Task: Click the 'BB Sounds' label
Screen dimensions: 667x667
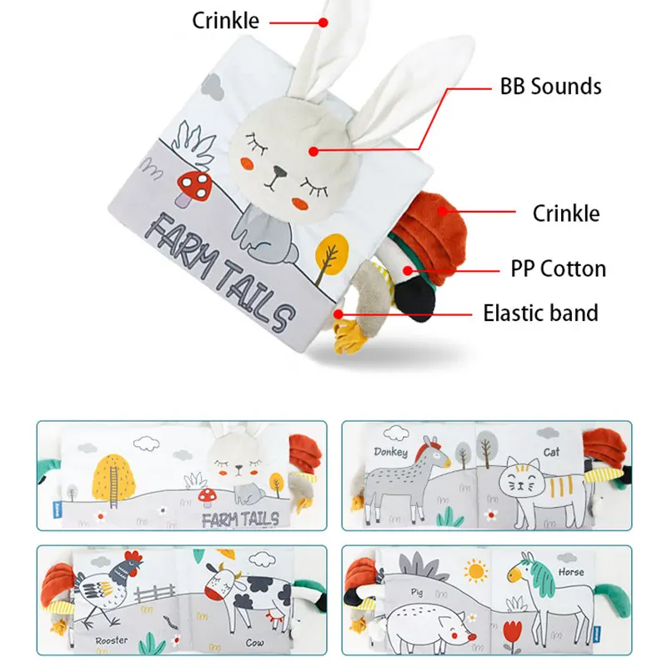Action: [x=550, y=86]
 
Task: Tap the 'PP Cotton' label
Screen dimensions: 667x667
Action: [x=559, y=269]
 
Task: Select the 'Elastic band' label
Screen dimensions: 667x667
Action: [x=541, y=313]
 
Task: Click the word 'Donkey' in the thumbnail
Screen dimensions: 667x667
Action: [x=391, y=453]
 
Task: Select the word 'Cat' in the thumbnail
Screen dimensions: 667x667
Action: [x=551, y=453]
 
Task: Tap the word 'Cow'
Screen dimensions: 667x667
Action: [x=255, y=644]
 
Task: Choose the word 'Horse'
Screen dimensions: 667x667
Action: [x=572, y=573]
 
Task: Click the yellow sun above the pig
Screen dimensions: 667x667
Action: [x=477, y=572]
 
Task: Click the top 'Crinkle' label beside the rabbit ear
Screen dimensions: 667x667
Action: [x=225, y=20]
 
